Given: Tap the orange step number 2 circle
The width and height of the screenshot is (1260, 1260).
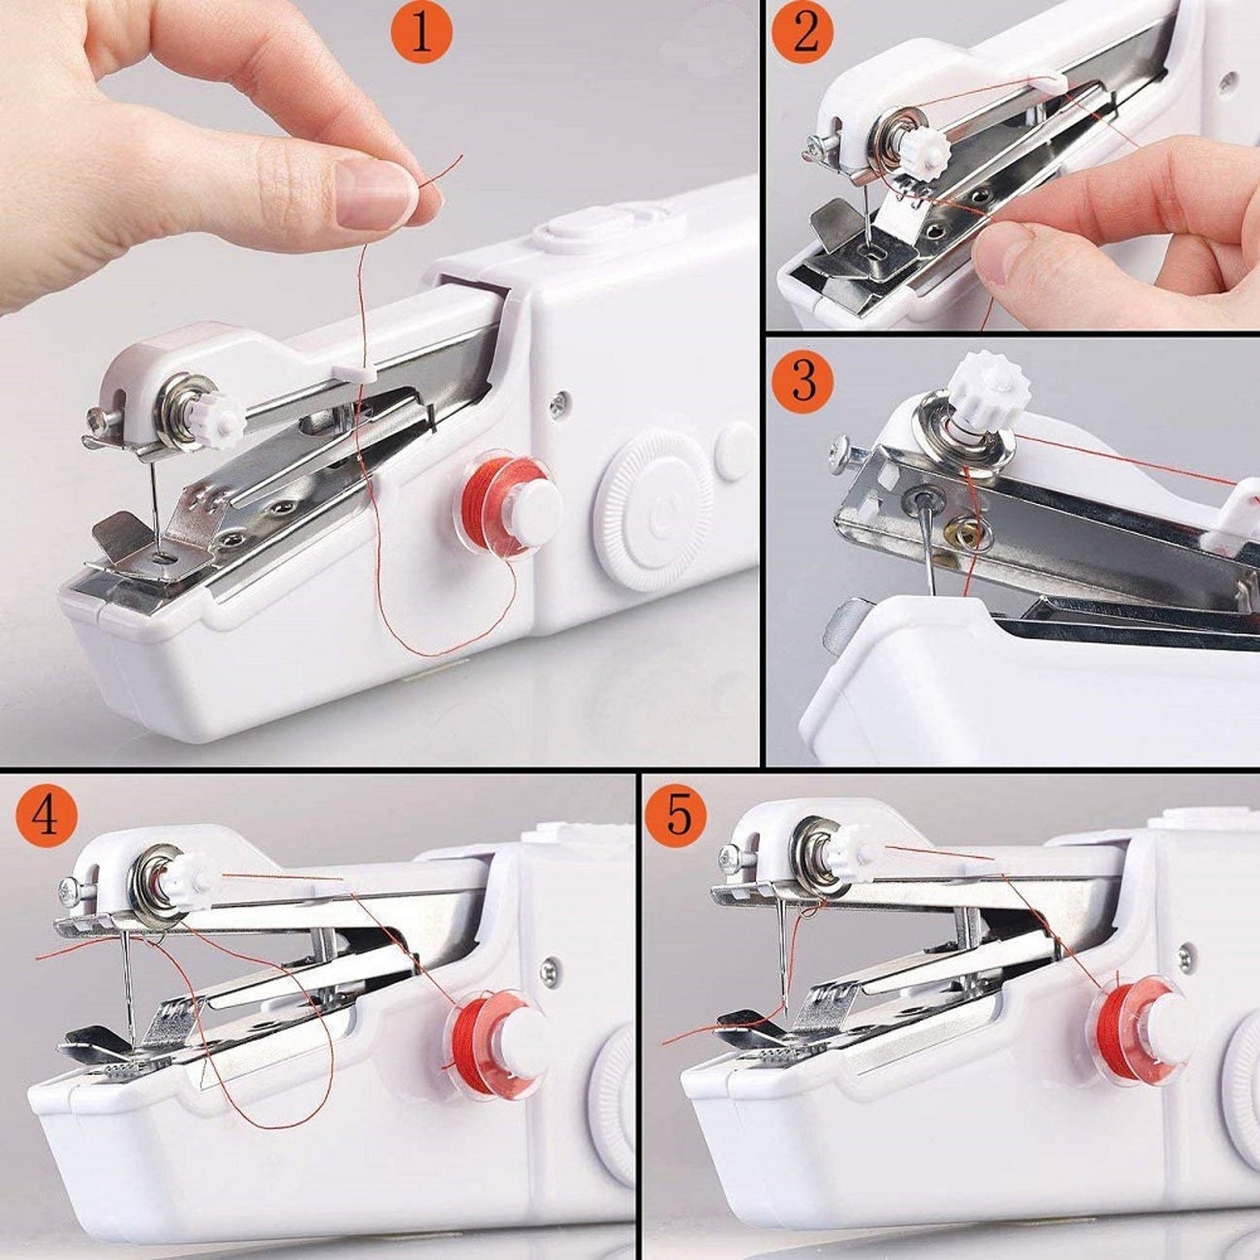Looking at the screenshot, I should (803, 33).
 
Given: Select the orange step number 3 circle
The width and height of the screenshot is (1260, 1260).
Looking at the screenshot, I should (803, 380).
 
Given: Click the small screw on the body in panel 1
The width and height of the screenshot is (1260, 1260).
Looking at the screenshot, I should (559, 403).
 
